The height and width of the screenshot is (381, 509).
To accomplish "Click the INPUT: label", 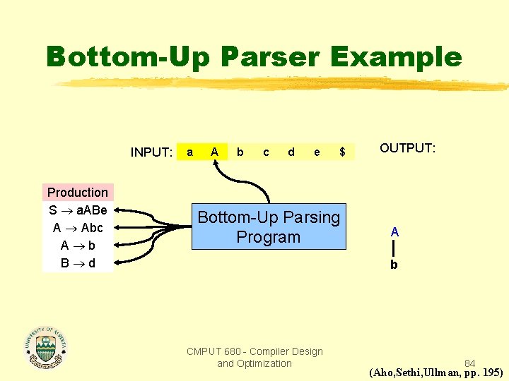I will coord(151,152).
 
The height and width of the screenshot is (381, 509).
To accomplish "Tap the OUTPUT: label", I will coord(408,148).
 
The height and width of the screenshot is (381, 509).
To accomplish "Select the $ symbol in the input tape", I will coord(342,152).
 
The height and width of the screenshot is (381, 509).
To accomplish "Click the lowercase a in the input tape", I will coord(189,152).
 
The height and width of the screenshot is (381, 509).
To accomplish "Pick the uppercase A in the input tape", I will coord(214,152).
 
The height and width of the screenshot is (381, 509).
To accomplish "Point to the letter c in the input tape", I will coord(266,152).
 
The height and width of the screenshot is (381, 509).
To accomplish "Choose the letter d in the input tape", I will coord(291,152).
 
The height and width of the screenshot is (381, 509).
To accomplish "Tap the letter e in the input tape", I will coord(317,152).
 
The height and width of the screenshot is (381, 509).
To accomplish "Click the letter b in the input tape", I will coord(240,152).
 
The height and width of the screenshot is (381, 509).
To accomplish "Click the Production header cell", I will coord(78,193).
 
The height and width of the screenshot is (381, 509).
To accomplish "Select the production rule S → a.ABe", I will coord(78,210).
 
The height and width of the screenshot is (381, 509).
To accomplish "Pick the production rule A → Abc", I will coord(78,228).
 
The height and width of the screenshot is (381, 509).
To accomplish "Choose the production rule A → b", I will coord(78,246).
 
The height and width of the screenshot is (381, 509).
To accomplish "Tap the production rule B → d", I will coord(78,263).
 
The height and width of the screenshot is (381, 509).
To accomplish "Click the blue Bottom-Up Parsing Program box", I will coord(269,227).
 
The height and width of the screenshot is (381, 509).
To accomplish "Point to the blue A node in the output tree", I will coord(394,231).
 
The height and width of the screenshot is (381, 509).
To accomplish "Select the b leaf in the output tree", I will coord(394,265).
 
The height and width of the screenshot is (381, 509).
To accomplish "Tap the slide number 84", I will coord(469,363).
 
